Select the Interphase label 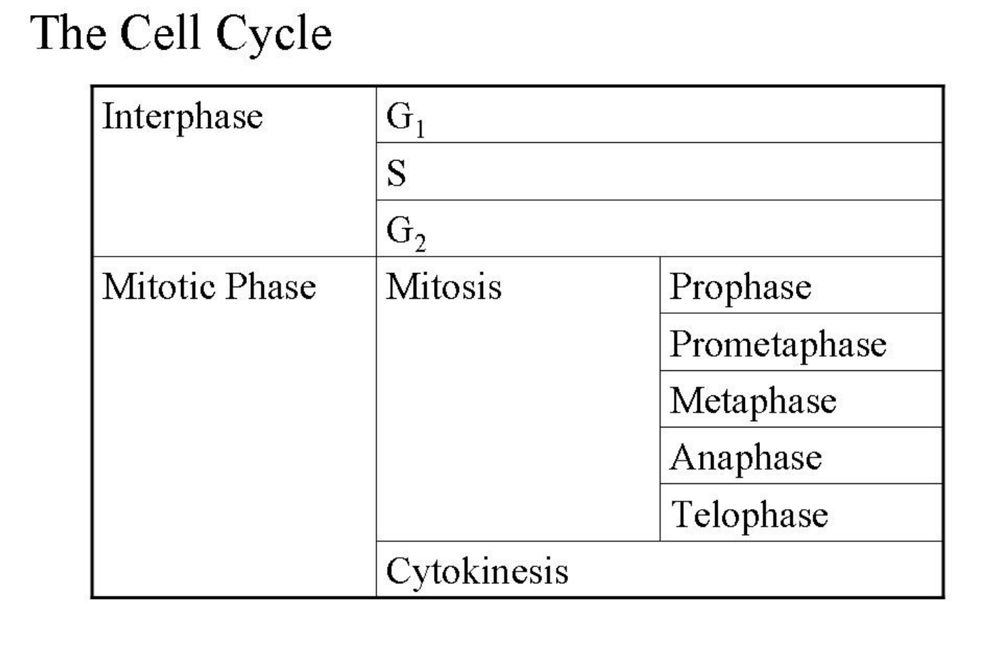click(x=182, y=116)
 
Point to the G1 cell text click(x=405, y=118)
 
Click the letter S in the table click(x=397, y=173)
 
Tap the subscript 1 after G click(x=420, y=129)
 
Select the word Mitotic click(x=159, y=287)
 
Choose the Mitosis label click(x=444, y=287)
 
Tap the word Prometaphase click(x=778, y=344)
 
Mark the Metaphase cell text click(x=753, y=401)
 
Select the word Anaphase click(x=746, y=458)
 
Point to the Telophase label click(x=749, y=515)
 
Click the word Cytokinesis click(x=477, y=572)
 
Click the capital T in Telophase click(x=682, y=514)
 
